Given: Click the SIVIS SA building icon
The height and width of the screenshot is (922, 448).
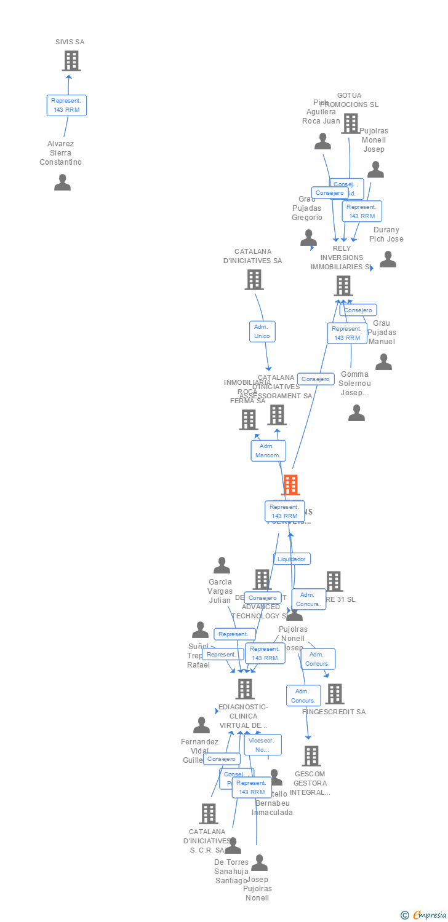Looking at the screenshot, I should pyautogui.click(x=71, y=61).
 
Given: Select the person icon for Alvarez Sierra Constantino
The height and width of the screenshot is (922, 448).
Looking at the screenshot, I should pyautogui.click(x=62, y=183).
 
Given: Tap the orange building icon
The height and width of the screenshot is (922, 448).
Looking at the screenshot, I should pyautogui.click(x=290, y=485).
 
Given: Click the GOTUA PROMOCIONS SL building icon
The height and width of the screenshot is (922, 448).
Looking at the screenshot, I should pyautogui.click(x=350, y=124).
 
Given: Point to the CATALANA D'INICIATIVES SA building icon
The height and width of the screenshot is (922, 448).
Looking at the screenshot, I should pyautogui.click(x=254, y=280).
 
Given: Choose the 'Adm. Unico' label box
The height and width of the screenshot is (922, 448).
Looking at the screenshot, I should pyautogui.click(x=262, y=331).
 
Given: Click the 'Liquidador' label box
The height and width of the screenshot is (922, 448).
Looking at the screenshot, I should pyautogui.click(x=292, y=559).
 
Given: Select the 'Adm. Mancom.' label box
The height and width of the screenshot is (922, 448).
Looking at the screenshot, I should pyautogui.click(x=268, y=451).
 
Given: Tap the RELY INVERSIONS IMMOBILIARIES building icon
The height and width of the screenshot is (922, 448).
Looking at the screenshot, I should pyautogui.click(x=343, y=286).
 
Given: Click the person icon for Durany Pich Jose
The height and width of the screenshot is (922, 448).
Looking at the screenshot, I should pyautogui.click(x=388, y=259).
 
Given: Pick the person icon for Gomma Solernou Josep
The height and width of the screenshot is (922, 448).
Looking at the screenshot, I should pyautogui.click(x=356, y=413).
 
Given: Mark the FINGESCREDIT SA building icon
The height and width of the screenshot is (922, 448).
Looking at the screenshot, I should pyautogui.click(x=335, y=694).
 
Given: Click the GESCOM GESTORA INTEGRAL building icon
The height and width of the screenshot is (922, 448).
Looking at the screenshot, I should pyautogui.click(x=311, y=756).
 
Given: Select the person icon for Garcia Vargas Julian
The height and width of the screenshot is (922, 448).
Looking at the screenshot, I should pyautogui.click(x=222, y=565).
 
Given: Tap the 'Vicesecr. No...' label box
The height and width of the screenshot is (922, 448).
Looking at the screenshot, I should pyautogui.click(x=263, y=744).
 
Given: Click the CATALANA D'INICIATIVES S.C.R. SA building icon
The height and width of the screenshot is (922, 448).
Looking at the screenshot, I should pyautogui.click(x=209, y=814).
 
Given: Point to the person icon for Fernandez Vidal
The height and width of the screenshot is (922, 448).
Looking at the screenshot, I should pyautogui.click(x=201, y=725).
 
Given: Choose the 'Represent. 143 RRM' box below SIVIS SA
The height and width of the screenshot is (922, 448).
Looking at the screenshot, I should pyautogui.click(x=67, y=105).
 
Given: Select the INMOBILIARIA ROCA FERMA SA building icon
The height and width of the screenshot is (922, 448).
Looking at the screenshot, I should pyautogui.click(x=248, y=420).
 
